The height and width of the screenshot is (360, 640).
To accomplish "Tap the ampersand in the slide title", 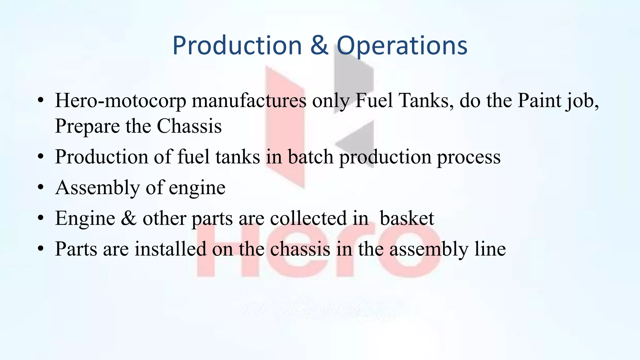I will pos(319,46).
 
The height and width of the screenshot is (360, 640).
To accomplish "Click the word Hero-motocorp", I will pos(120,101).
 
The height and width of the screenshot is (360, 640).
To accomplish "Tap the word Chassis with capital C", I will pos(189,126).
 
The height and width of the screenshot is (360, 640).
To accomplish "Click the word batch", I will pos(310,157).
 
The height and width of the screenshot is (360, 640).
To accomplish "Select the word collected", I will pos(308,218).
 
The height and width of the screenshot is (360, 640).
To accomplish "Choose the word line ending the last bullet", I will pos(490,249).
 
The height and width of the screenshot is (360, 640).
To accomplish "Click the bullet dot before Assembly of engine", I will pos(40,187).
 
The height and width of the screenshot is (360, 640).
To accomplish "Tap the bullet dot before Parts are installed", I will pos(40,249).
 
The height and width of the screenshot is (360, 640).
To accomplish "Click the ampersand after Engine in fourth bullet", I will pos(129,218).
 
